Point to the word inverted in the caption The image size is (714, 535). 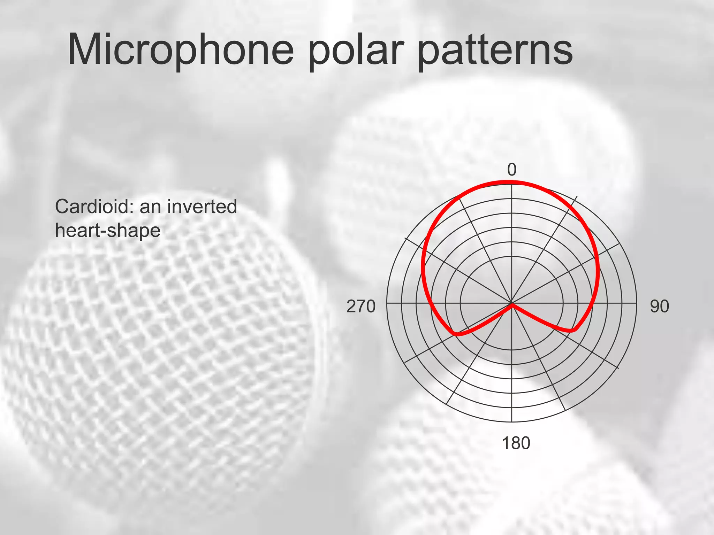tap(202, 207)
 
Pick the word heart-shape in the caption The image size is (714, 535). tap(108, 231)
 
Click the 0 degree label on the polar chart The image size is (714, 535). tap(511, 170)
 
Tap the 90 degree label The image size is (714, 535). tap(659, 307)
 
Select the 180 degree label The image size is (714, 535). tap(516, 443)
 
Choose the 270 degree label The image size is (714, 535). tap(361, 307)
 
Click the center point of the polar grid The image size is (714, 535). tap(511, 303)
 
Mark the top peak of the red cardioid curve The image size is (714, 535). tap(511, 181)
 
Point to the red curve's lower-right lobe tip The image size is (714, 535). tap(572, 330)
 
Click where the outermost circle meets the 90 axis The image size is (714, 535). tap(636, 303)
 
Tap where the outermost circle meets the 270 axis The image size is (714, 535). tap(387, 303)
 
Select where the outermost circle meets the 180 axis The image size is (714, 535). tap(511, 422)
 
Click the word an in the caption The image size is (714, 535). tap(151, 207)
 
